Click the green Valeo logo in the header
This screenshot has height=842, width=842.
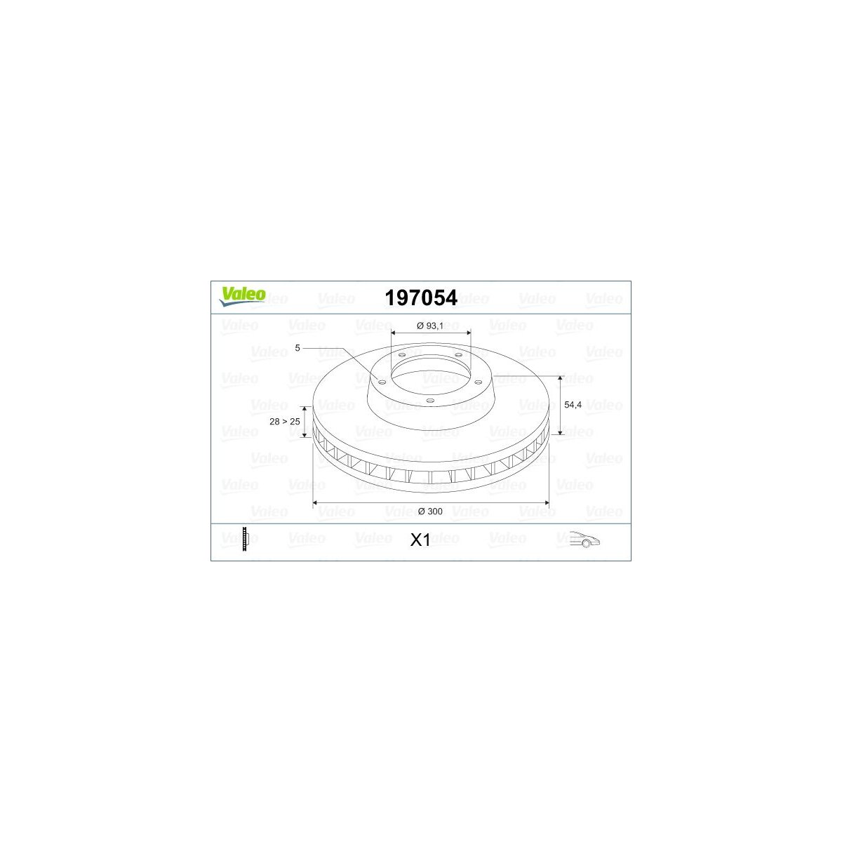[242, 296]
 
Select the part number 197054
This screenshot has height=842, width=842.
[421, 298]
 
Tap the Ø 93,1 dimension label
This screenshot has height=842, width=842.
[430, 326]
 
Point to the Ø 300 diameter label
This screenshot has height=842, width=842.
[430, 512]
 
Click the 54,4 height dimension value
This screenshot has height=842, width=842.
[573, 405]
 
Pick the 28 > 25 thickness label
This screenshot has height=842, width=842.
[284, 421]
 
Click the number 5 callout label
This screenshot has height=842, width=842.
[298, 348]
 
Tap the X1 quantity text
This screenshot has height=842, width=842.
[420, 540]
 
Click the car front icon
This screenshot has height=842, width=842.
[584, 539]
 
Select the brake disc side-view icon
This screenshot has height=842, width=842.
[244, 540]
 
